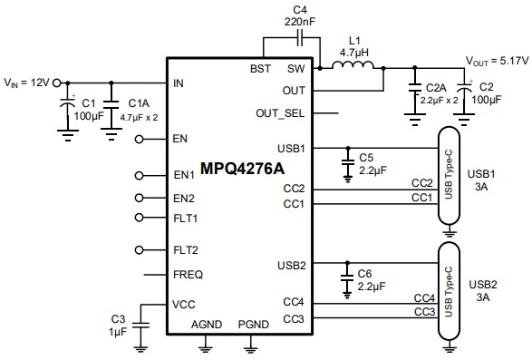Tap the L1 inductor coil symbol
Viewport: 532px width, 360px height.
352,66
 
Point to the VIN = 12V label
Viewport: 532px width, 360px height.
30,83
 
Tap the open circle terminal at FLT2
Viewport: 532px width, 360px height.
140,249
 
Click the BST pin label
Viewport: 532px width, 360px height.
260,69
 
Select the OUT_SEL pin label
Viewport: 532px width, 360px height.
281,113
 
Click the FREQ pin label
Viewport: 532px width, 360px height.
188,274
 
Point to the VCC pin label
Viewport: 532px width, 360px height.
184,304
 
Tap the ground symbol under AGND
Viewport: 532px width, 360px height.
206,343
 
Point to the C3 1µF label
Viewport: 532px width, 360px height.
117,325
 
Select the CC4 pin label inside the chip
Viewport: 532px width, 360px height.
293,300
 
